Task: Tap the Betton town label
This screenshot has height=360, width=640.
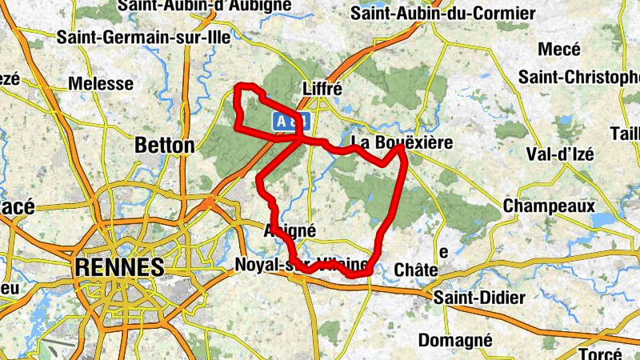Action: point(165,146)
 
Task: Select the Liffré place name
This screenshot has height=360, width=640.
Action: point(323,88)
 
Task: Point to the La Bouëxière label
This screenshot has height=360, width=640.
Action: point(402,143)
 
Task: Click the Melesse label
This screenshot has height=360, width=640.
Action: point(101,83)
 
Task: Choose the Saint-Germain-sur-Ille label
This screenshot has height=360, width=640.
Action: point(144,37)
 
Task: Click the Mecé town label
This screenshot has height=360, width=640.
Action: point(558,50)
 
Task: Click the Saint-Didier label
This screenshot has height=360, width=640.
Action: point(479,298)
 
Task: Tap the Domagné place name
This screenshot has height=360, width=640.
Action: point(455,339)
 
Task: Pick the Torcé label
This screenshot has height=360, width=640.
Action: point(601,354)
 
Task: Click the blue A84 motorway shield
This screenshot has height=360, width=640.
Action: point(290,121)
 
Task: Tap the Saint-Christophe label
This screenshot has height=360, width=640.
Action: point(579,77)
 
